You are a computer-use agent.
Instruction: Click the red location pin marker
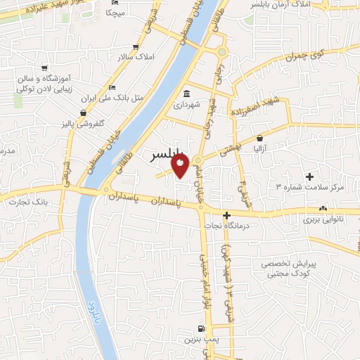point(180,165)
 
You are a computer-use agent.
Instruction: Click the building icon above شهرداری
point(186,94)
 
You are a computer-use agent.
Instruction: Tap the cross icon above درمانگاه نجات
point(226,215)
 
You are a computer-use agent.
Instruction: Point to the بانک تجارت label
point(27,203)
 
